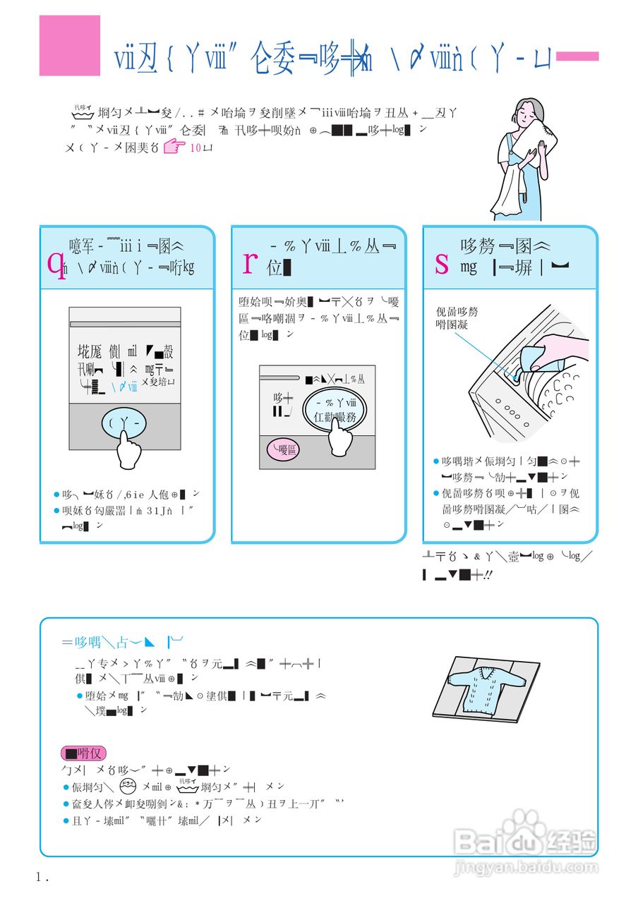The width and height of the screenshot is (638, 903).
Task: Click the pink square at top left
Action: pyautogui.click(x=69, y=46)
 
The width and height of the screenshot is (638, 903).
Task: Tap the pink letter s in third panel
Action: pyautogui.click(x=442, y=265)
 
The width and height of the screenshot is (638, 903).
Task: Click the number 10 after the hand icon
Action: pyautogui.click(x=195, y=148)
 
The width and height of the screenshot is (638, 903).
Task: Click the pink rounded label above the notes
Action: pyautogui.click(x=83, y=753)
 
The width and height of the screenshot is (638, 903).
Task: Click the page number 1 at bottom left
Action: pyautogui.click(x=40, y=878)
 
